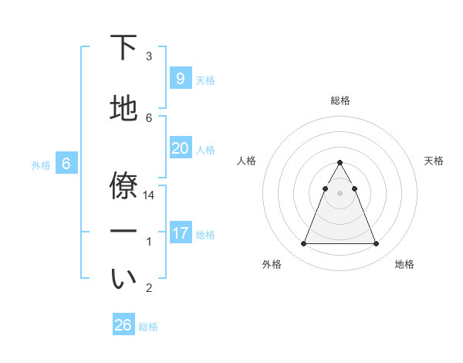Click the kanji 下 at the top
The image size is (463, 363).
click(x=123, y=48)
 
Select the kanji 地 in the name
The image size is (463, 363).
click(x=123, y=109)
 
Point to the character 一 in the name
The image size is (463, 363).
click(x=123, y=231)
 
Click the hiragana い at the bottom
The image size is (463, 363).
click(x=123, y=279)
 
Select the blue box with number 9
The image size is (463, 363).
click(x=180, y=79)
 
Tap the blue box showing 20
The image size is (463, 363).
click(x=180, y=148)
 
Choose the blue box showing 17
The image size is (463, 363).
click(x=180, y=233)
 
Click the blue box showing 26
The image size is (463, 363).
click(x=123, y=325)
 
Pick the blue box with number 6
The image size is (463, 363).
click(x=66, y=164)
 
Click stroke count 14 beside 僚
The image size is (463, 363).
click(x=149, y=196)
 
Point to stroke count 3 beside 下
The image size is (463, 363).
click(x=149, y=56)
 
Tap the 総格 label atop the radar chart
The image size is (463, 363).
click(x=340, y=100)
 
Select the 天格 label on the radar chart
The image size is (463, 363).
click(x=434, y=161)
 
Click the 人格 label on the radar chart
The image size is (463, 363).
click(x=246, y=161)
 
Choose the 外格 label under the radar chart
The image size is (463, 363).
click(x=272, y=264)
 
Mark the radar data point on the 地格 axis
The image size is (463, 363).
click(x=376, y=244)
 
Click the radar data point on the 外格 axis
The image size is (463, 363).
click(x=303, y=244)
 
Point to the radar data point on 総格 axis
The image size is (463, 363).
click(x=340, y=163)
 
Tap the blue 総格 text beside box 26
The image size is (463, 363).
click(x=148, y=327)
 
